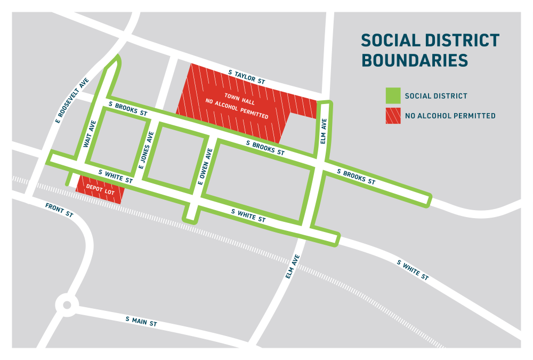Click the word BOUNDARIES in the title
(415, 60)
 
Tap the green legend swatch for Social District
(392, 96)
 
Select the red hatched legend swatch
(392, 115)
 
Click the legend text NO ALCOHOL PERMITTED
(450, 116)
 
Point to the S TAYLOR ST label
(246, 76)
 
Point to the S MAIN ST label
(141, 321)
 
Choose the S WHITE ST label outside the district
(413, 270)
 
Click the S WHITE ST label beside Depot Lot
(116, 177)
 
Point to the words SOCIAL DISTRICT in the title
(430, 41)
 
